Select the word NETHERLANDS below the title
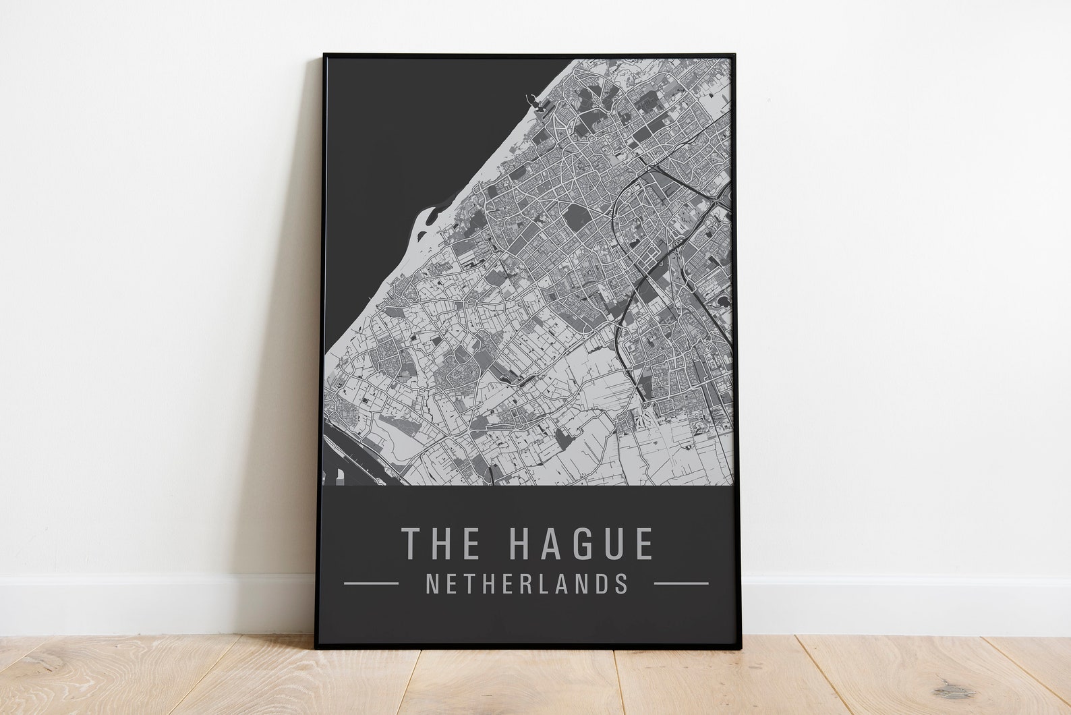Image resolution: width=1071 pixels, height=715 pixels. coord(527,583)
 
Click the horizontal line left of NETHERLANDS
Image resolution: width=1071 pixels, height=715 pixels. coord(371,583)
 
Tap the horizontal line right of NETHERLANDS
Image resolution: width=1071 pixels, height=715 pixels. coord(681,583)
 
